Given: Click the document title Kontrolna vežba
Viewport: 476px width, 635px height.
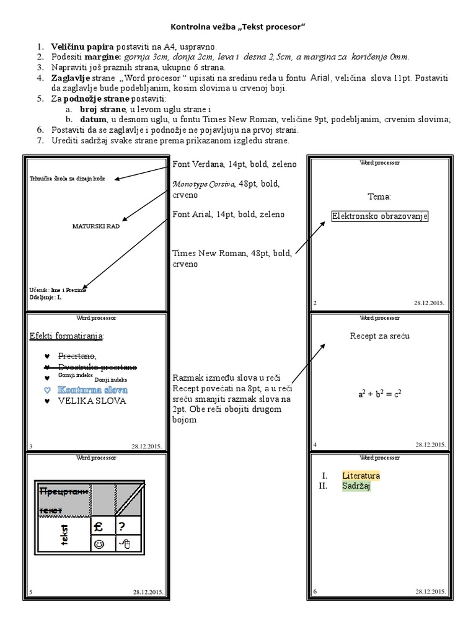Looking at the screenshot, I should (239, 27).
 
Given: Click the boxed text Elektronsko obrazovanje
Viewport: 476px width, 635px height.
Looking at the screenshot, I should (380, 216).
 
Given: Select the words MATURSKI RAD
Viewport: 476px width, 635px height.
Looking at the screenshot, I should (96, 226).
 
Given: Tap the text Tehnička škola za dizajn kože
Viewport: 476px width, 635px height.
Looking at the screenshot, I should (68, 179).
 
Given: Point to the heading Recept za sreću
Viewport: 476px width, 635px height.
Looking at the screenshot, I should (380, 336).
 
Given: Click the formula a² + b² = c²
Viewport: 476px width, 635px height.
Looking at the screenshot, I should (380, 394).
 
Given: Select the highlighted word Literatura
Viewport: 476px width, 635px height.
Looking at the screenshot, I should (361, 476).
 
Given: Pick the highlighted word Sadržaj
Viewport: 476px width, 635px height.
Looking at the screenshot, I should (356, 486).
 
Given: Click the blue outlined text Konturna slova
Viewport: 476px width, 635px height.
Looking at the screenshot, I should (92, 390).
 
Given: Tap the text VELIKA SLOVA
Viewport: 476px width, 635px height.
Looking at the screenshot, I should (92, 401).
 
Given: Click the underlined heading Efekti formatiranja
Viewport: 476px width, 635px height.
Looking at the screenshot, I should (67, 336).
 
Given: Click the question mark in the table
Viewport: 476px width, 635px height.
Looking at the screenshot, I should (122, 526).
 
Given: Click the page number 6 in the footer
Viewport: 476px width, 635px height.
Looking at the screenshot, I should (315, 592).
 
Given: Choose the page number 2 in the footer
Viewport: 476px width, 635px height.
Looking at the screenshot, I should (315, 303).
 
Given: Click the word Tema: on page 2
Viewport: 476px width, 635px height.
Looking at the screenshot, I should (379, 197).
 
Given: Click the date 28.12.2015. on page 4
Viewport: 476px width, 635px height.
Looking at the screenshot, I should (430, 445).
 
